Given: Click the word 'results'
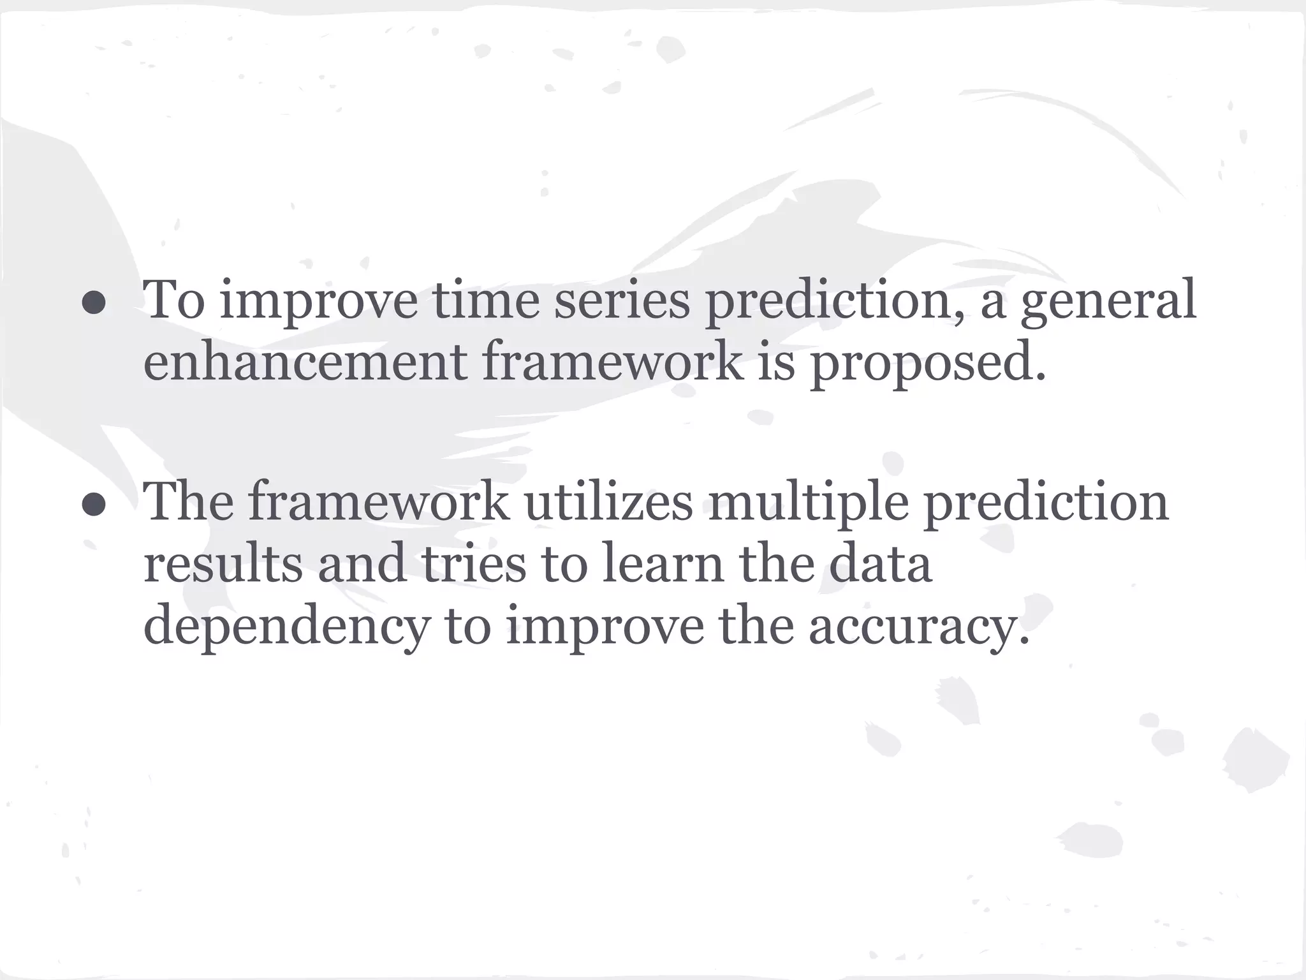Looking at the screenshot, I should (223, 564).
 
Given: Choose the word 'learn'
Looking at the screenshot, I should (663, 564).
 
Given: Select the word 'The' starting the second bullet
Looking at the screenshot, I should (189, 501).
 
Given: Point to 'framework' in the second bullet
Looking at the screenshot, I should (379, 501).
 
